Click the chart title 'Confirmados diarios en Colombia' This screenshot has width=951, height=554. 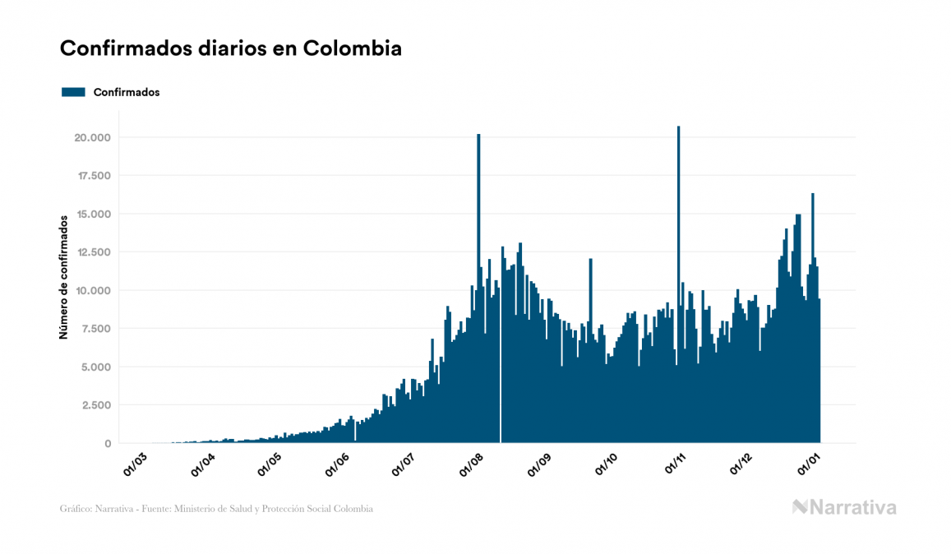coord(231,48)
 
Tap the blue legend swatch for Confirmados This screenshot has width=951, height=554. coord(74,92)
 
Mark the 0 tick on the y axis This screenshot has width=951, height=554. coord(107,444)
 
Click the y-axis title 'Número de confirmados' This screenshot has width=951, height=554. coord(63,277)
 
